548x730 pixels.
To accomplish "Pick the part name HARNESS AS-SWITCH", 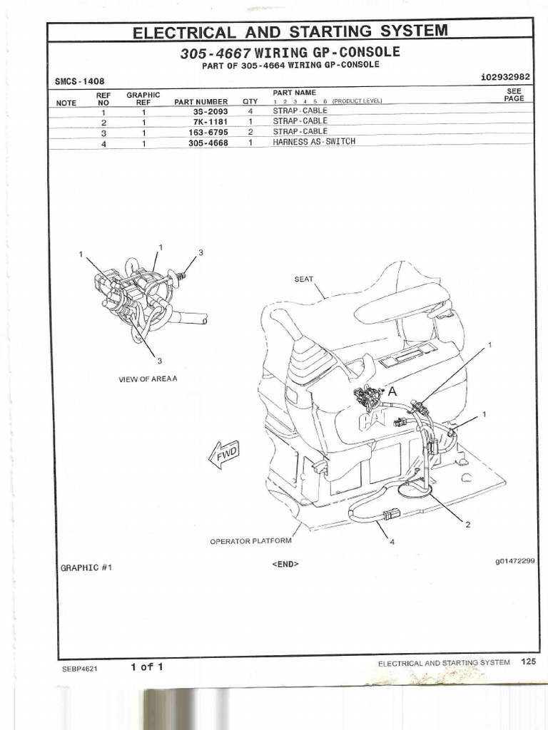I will (x=313, y=142).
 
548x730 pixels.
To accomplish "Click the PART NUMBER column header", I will (x=201, y=102).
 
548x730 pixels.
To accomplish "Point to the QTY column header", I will (x=250, y=102).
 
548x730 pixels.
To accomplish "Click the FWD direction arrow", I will (x=223, y=453).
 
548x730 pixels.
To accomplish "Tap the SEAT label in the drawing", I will (x=304, y=279).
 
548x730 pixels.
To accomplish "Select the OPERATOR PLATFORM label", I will (x=250, y=541).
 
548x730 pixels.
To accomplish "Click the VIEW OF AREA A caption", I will (x=148, y=379).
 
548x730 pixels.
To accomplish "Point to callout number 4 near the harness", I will (x=392, y=542).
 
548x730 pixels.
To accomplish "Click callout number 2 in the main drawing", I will (x=468, y=525).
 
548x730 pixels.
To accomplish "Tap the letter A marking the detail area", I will (x=391, y=391).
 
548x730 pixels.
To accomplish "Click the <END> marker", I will (x=285, y=564).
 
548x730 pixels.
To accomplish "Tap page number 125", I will (x=527, y=662).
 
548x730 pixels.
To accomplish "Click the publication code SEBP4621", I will (x=79, y=669).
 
